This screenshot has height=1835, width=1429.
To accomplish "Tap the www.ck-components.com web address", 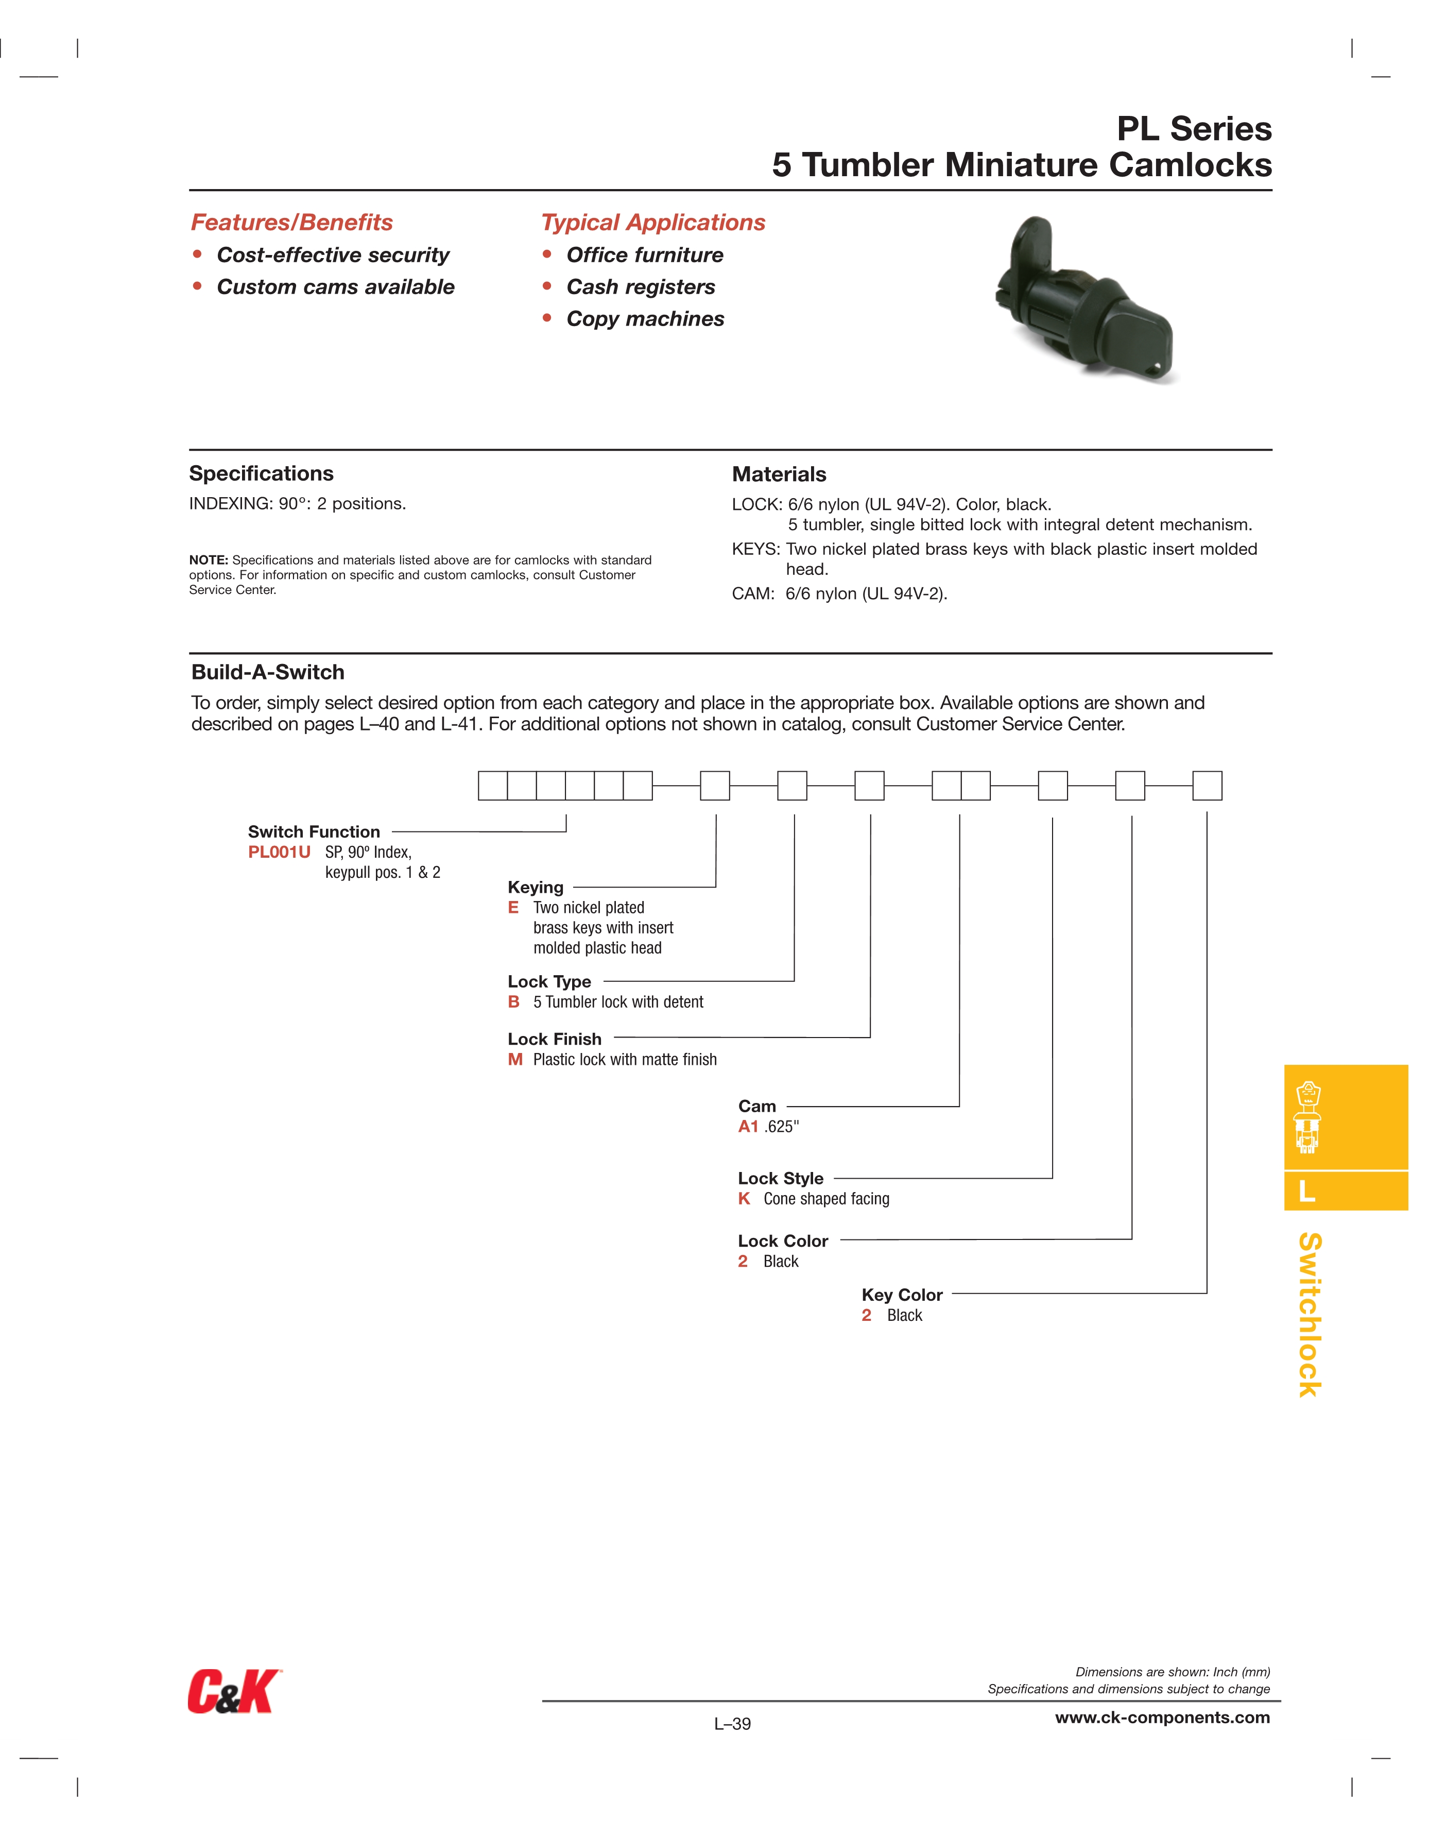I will (x=1162, y=1718).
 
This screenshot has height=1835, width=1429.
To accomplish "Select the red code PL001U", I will (x=279, y=852).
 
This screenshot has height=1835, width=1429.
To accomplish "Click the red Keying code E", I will (x=513, y=907).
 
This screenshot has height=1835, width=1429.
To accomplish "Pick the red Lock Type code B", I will (x=513, y=1001).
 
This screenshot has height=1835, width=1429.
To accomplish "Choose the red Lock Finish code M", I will (x=515, y=1060).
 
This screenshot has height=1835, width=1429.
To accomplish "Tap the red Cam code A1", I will (x=748, y=1127).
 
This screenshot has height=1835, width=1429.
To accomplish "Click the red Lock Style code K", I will (x=744, y=1199).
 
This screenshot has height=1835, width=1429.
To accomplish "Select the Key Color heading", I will (x=901, y=1295).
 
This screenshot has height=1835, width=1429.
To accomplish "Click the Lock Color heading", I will (x=782, y=1241).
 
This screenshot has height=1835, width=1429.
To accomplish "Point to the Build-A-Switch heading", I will (x=268, y=672).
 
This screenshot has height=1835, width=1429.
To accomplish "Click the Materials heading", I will (x=779, y=474).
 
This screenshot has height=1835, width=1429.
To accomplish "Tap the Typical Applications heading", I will (x=653, y=223).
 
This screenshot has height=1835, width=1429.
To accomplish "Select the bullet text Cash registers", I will (x=640, y=287).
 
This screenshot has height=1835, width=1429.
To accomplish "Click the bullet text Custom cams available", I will (x=335, y=287).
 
